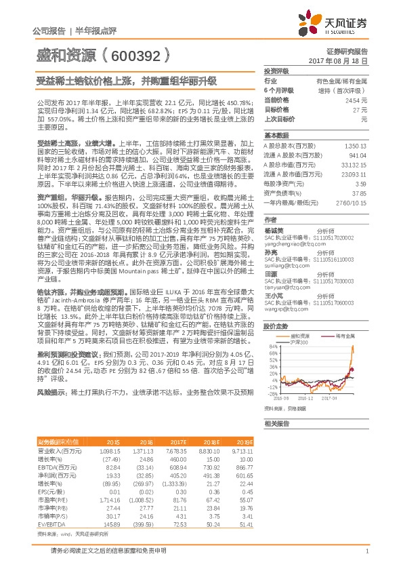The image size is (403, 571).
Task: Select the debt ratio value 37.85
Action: tap(360, 193)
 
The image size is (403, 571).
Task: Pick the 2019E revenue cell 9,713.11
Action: tap(240, 450)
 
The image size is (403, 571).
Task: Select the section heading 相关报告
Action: tap(276, 423)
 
